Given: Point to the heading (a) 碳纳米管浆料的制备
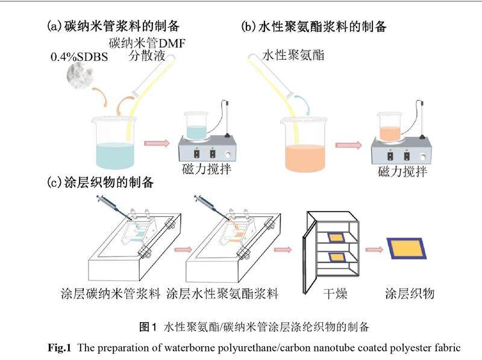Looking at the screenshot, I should coord(114,26).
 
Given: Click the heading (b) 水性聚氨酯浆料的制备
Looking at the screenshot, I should coord(313,26).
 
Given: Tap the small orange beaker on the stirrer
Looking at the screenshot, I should coord(392,126).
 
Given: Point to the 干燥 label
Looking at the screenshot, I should coord(333,294).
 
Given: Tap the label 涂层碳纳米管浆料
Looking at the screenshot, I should coord(111,294).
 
